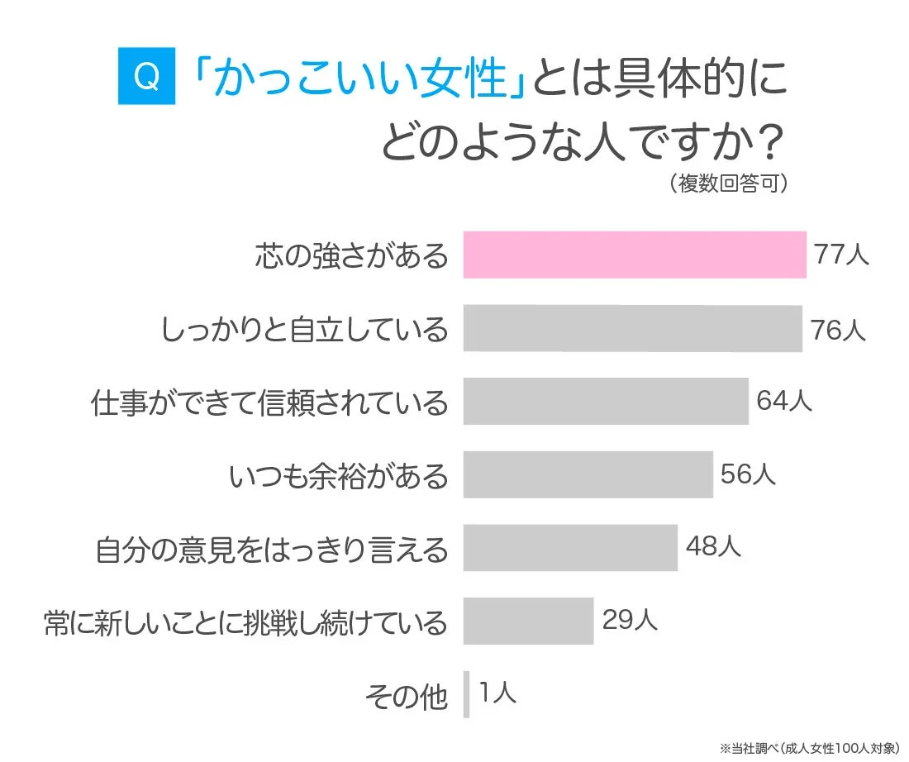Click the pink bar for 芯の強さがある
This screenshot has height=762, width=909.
point(634,255)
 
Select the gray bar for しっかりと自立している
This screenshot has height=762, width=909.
point(632,328)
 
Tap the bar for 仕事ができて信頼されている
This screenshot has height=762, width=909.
point(606,401)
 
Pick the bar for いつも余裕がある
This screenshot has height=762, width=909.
point(588,474)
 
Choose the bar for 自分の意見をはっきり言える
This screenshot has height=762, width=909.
point(570,547)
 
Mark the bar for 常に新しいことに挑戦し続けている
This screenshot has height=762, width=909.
point(528,621)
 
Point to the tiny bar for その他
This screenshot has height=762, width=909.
point(466,694)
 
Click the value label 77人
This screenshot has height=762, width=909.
point(841,255)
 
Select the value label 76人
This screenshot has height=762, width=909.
point(838,329)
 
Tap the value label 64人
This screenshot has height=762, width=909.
point(784,402)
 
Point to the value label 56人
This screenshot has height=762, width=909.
point(748,474)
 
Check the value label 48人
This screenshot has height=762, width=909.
point(713,547)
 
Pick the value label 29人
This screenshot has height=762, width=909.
point(630,620)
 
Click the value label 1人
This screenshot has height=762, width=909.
point(497,693)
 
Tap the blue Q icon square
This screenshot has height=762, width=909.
point(146,77)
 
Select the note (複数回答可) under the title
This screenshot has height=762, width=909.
point(727,183)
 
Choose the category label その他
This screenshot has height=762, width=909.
point(406,697)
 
